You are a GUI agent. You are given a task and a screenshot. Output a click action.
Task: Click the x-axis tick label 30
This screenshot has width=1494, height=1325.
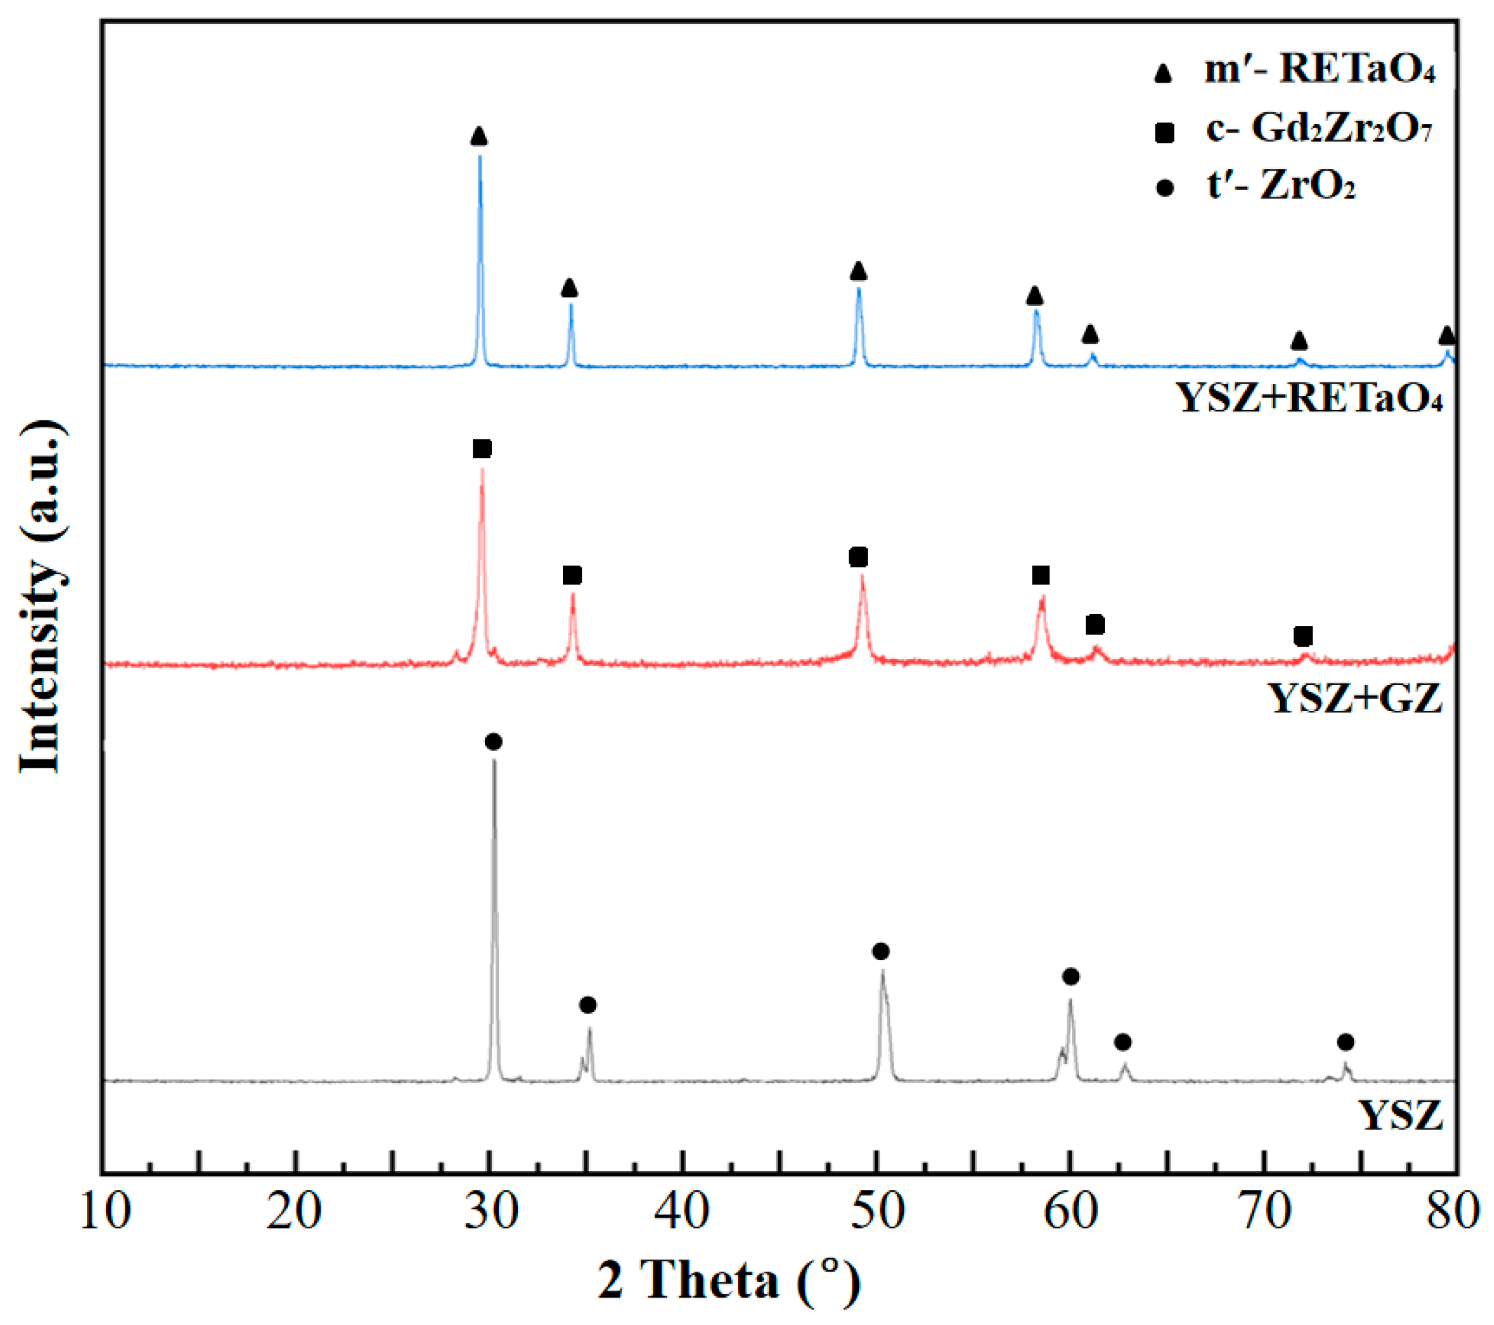click(492, 1211)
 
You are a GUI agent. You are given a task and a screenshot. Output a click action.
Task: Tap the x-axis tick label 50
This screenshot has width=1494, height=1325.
click(878, 1211)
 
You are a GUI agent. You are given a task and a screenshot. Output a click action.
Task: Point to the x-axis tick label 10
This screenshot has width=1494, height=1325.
click(105, 1211)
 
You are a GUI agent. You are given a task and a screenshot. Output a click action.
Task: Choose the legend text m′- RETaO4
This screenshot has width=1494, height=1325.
click(1320, 70)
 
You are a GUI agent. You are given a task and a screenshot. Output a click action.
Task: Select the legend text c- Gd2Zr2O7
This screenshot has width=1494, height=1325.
click(1318, 129)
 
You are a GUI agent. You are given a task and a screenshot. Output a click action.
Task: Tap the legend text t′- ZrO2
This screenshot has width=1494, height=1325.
click(1281, 186)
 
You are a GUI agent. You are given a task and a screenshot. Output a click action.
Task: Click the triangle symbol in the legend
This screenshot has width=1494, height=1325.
click(1163, 74)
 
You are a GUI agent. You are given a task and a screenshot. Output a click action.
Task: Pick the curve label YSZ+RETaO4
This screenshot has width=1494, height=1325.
click(1311, 399)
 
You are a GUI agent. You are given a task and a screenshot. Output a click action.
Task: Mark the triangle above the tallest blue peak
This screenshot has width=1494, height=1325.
click(479, 136)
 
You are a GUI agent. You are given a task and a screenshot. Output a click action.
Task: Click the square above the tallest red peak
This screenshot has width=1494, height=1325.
click(482, 448)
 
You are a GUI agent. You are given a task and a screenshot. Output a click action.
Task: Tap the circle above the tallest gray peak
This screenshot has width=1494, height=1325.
click(494, 743)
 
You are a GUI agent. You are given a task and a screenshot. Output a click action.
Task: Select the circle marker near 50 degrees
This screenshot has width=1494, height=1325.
click(881, 952)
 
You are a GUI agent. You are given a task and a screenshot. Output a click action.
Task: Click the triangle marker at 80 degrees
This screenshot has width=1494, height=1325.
click(1446, 335)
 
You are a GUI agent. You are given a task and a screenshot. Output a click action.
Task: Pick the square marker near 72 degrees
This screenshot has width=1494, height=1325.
click(1302, 636)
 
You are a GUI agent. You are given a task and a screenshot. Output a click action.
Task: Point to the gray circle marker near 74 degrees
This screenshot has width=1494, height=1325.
click(1346, 1042)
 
